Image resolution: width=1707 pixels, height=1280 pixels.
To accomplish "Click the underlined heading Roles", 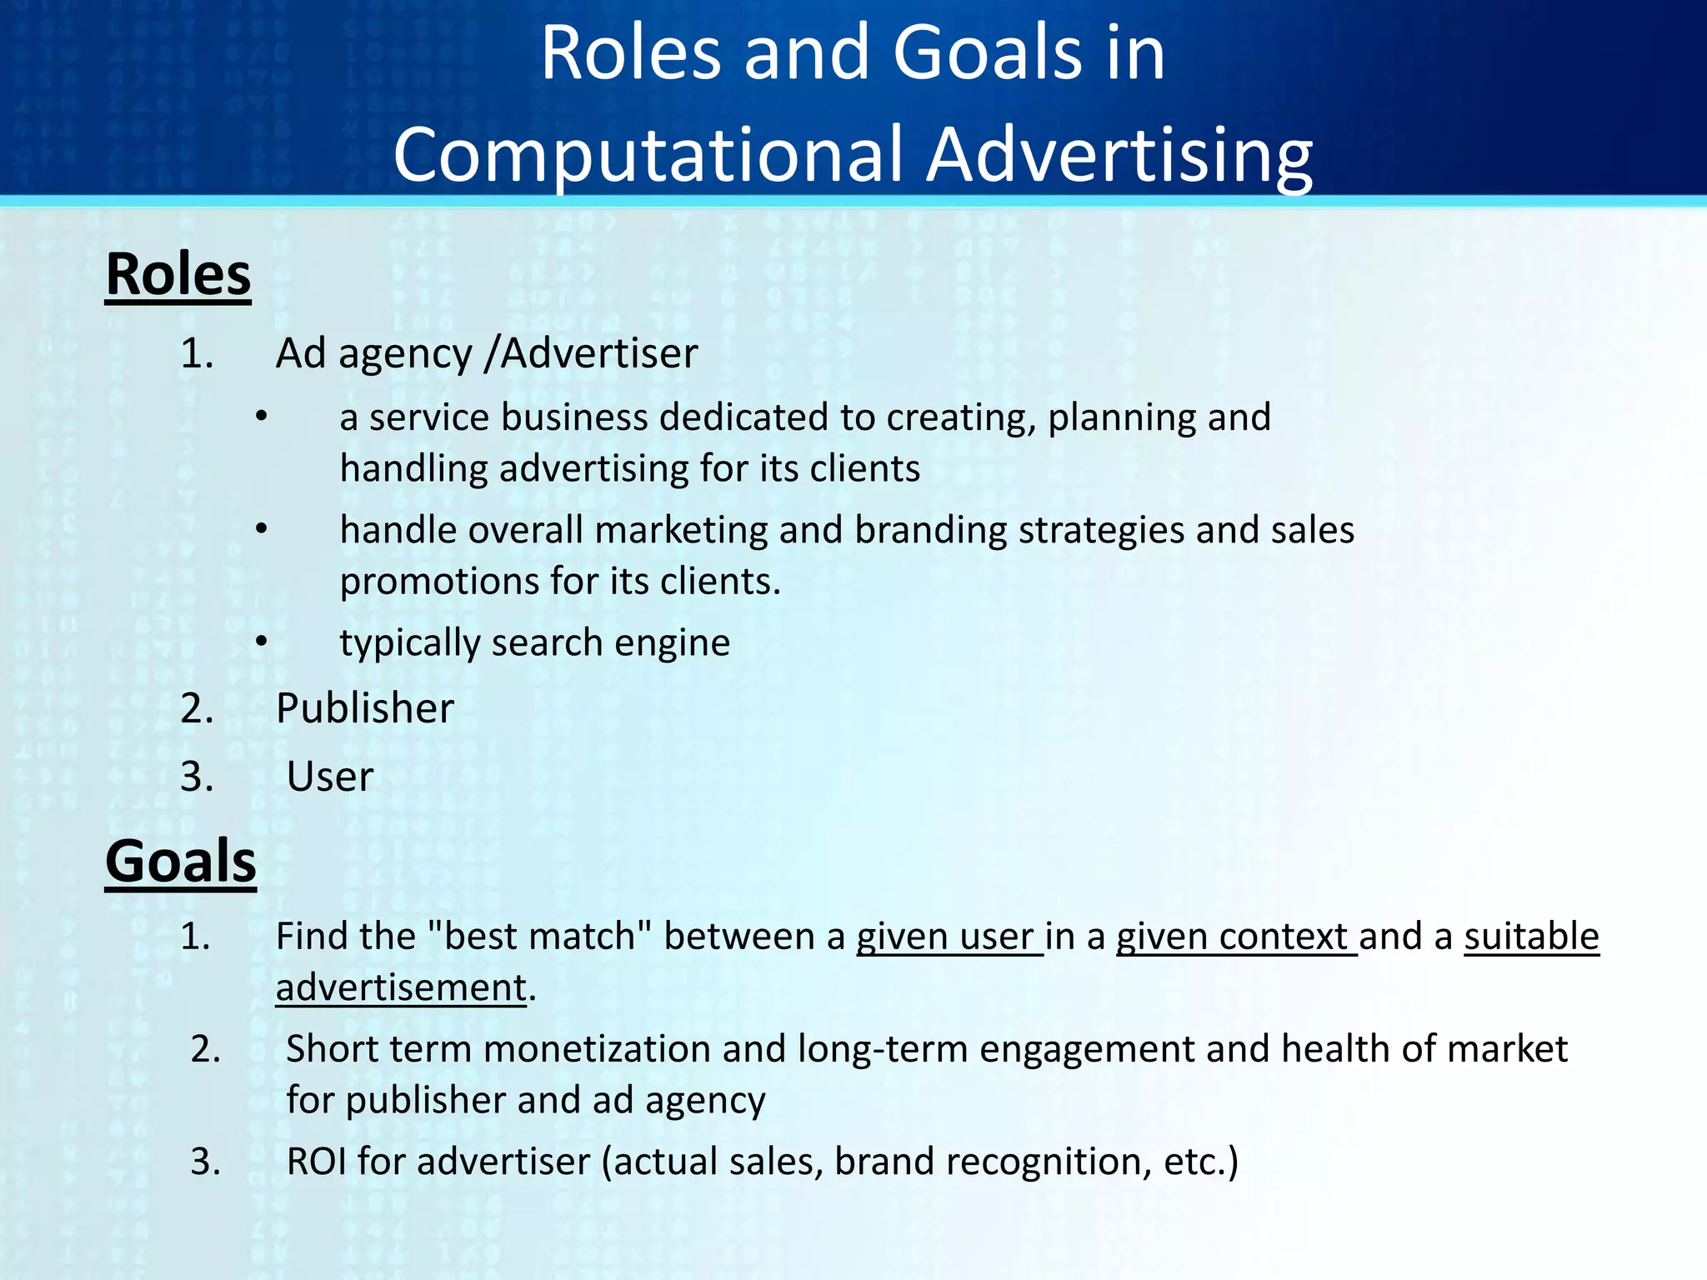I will pyautogui.click(x=178, y=274).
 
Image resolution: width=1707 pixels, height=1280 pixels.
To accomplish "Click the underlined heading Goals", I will pyautogui.click(x=180, y=861).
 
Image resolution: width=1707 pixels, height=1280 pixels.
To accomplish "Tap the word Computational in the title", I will pyautogui.click(x=648, y=155).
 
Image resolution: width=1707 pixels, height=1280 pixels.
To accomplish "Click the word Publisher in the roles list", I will pyautogui.click(x=364, y=708).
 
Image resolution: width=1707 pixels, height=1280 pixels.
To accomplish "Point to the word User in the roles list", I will pyautogui.click(x=329, y=777).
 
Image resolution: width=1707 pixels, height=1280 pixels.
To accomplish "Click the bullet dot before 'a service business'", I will pyautogui.click(x=261, y=417).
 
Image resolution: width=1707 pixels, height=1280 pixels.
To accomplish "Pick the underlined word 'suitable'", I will pyautogui.click(x=1531, y=937).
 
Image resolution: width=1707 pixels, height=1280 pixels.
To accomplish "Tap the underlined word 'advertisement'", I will pyautogui.click(x=401, y=988).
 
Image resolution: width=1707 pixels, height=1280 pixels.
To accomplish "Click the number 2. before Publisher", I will pyautogui.click(x=198, y=708).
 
